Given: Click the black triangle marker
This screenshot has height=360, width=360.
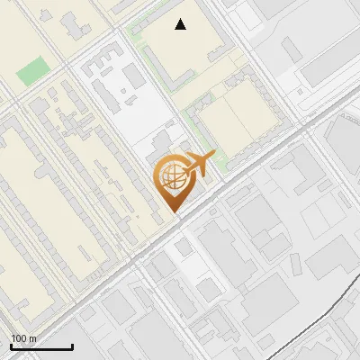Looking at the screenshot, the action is (x=181, y=24).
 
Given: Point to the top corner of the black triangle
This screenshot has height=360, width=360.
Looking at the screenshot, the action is (x=181, y=19).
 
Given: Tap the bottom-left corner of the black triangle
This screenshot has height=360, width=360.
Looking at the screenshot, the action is (x=175, y=30).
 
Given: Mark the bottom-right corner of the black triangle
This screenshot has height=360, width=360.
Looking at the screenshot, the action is (x=186, y=30).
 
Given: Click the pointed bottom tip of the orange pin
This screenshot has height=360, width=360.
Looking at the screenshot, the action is (x=175, y=213).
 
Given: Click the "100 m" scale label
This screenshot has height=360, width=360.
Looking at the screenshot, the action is (x=24, y=337).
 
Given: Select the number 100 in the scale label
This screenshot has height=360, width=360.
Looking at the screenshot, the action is (x=20, y=337).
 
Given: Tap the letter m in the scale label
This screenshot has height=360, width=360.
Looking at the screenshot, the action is (x=34, y=337).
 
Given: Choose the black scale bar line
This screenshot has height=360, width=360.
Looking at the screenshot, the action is (x=41, y=347).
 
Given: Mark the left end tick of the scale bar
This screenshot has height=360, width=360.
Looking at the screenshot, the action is (x=12, y=346).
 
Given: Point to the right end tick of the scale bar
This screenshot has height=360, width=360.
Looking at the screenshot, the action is (x=72, y=346).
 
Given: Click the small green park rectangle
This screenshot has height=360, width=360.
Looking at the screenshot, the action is (x=34, y=69).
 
